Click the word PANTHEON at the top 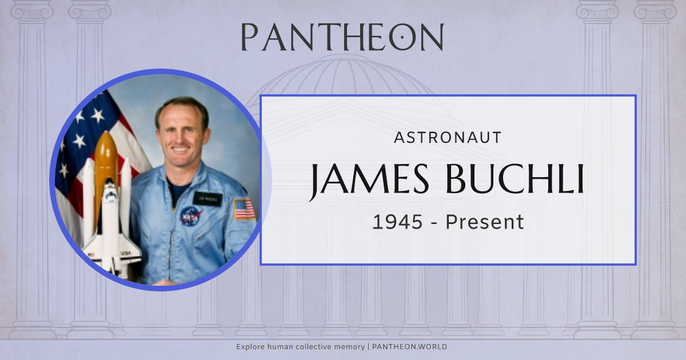pyautogui.click(x=342, y=38)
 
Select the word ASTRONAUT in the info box pyautogui.click(x=448, y=137)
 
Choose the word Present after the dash pyautogui.click(x=485, y=222)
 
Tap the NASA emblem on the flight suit pyautogui.click(x=191, y=215)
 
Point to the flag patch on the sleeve pyautogui.click(x=244, y=209)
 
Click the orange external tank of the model pyautogui.click(x=106, y=160)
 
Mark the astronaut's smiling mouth pyautogui.click(x=180, y=150)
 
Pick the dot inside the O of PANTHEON pyautogui.click(x=404, y=37)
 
